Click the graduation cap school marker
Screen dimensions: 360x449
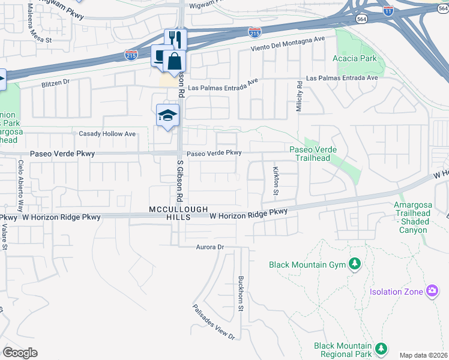click(x=167, y=115)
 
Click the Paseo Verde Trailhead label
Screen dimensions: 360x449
click(x=313, y=154)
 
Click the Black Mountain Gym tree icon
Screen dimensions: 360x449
click(x=355, y=264)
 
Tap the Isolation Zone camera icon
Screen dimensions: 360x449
click(x=432, y=291)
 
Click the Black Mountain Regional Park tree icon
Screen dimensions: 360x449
click(x=380, y=349)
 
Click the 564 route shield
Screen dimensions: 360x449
click(x=361, y=19)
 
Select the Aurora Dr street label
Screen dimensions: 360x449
click(x=209, y=247)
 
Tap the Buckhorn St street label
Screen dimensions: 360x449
click(x=240, y=293)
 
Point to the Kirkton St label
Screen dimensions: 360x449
click(x=276, y=181)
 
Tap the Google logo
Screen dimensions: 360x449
click(x=20, y=353)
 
